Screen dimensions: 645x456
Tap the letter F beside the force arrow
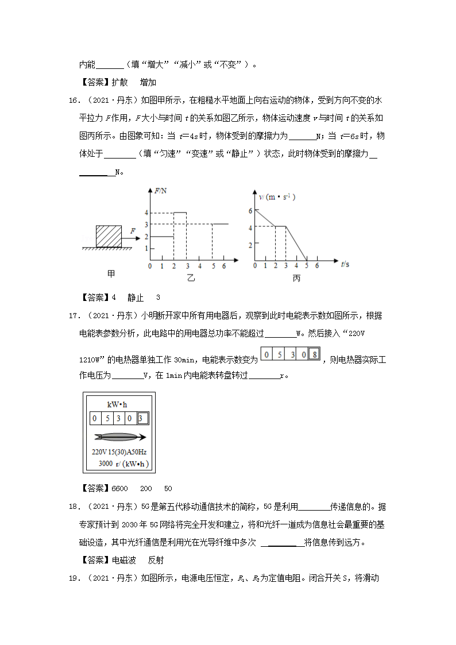(x=133, y=231)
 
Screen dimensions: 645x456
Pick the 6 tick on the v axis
(x=250, y=211)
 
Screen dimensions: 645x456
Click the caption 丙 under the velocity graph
(x=296, y=279)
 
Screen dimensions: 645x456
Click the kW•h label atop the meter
(x=118, y=404)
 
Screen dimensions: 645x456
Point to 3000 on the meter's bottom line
(x=105, y=464)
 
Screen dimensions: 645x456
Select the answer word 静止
(x=136, y=298)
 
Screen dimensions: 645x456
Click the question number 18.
(x=73, y=507)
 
